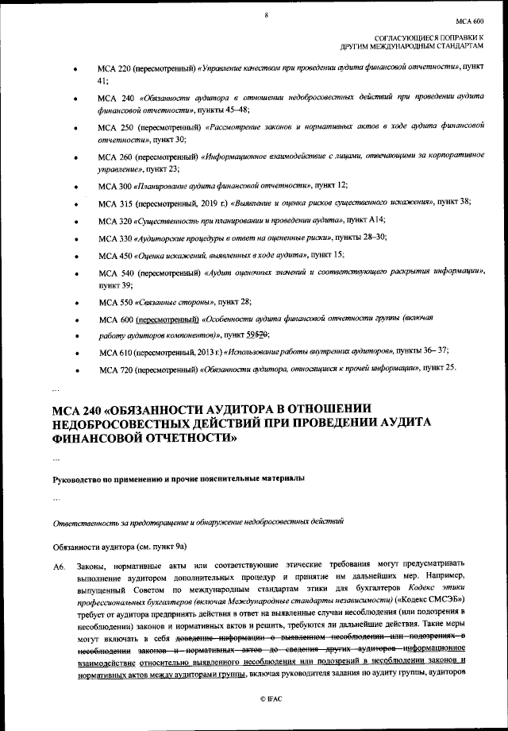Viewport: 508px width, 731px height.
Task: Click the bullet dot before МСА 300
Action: pos(75,186)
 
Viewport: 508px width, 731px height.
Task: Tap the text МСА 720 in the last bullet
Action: pos(115,369)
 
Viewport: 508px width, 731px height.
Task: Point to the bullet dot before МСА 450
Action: pos(75,256)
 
